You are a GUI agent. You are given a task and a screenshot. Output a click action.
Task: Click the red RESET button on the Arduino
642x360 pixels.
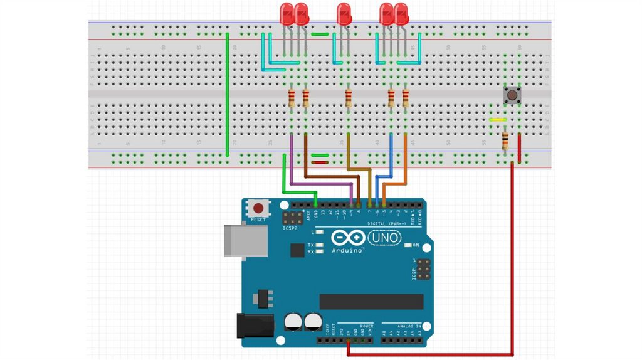click(258, 208)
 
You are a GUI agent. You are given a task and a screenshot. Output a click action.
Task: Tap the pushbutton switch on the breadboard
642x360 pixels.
click(513, 96)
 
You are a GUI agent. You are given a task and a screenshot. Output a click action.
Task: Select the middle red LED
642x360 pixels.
click(344, 14)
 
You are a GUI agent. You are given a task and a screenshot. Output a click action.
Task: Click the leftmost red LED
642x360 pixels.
click(287, 14)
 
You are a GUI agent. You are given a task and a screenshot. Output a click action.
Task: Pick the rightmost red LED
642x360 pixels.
click(401, 14)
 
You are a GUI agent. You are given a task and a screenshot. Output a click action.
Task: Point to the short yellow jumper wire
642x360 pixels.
click(498, 119)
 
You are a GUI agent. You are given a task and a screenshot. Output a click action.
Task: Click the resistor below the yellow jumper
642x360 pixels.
click(505, 140)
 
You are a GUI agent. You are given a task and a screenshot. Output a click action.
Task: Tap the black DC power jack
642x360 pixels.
click(255, 326)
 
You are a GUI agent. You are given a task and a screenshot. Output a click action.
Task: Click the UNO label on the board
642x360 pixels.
click(383, 238)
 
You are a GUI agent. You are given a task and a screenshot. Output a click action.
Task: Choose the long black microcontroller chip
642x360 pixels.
click(371, 302)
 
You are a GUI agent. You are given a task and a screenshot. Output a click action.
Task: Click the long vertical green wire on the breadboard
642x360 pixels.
click(227, 94)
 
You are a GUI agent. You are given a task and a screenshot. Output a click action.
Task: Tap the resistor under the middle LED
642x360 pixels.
click(349, 98)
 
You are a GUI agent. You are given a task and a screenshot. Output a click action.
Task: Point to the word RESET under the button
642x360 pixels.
click(258, 220)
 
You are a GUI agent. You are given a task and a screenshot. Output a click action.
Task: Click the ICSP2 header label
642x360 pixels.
click(290, 228)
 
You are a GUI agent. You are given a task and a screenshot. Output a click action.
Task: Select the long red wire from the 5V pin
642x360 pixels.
click(512, 263)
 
